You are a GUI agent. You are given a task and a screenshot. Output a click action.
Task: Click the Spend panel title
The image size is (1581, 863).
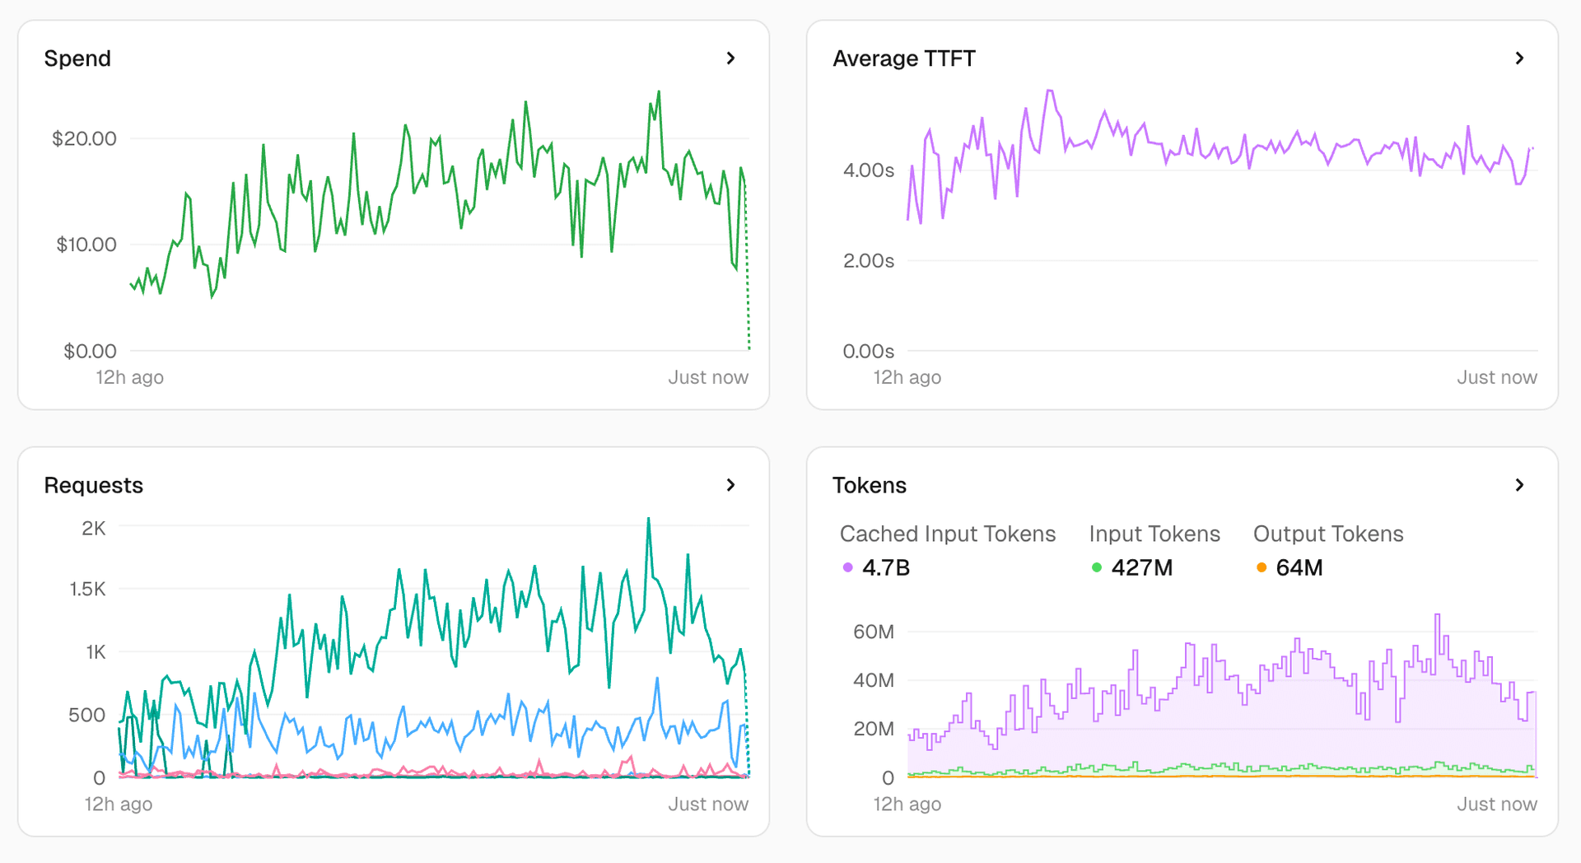click(x=77, y=58)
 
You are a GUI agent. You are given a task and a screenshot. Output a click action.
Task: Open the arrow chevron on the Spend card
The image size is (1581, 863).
click(x=730, y=58)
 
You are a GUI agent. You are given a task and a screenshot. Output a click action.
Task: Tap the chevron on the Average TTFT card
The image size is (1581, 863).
click(x=1519, y=58)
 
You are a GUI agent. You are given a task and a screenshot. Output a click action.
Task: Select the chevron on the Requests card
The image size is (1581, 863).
click(x=730, y=485)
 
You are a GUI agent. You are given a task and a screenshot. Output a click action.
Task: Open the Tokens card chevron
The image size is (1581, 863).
click(x=1519, y=485)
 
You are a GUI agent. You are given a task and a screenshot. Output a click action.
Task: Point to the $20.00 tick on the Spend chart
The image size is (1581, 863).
click(x=84, y=138)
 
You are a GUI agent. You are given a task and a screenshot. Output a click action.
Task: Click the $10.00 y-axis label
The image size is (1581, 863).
click(x=86, y=245)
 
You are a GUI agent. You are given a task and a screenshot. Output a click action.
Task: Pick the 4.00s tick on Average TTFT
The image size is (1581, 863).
click(x=868, y=170)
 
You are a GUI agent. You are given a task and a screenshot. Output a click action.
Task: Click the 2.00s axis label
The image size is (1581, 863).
click(x=868, y=261)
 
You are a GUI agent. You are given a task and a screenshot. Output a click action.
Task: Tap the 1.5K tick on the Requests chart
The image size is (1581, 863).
click(x=87, y=589)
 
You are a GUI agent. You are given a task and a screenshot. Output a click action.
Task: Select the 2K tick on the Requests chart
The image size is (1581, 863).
click(x=93, y=529)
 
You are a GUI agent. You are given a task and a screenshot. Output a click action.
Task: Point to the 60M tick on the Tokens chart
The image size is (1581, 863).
click(x=873, y=632)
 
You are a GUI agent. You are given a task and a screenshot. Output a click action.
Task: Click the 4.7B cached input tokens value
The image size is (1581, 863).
click(x=885, y=567)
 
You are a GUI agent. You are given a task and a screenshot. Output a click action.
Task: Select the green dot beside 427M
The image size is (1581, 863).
click(x=1096, y=567)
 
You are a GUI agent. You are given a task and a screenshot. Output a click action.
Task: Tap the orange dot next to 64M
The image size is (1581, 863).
click(x=1261, y=567)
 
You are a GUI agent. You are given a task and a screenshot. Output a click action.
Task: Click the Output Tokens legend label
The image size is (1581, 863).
click(x=1327, y=534)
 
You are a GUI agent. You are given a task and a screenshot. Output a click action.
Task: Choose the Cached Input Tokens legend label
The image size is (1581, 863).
click(x=947, y=534)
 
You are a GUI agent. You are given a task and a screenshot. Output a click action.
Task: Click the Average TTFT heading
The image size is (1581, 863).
click(x=903, y=58)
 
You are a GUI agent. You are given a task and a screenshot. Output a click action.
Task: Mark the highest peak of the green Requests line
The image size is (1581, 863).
click(x=649, y=519)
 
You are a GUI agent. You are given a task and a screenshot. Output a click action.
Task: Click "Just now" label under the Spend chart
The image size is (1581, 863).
click(x=707, y=377)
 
